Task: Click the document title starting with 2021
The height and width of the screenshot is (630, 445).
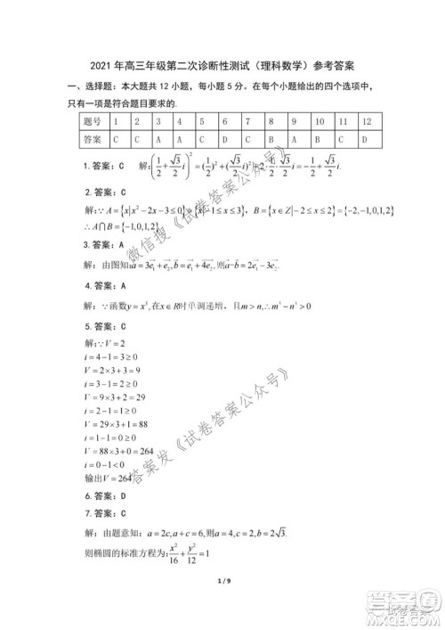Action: pyautogui.click(x=222, y=66)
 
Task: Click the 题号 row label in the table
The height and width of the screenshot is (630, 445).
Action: pyautogui.click(x=92, y=120)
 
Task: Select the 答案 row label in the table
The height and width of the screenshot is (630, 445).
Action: pyautogui.click(x=92, y=140)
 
